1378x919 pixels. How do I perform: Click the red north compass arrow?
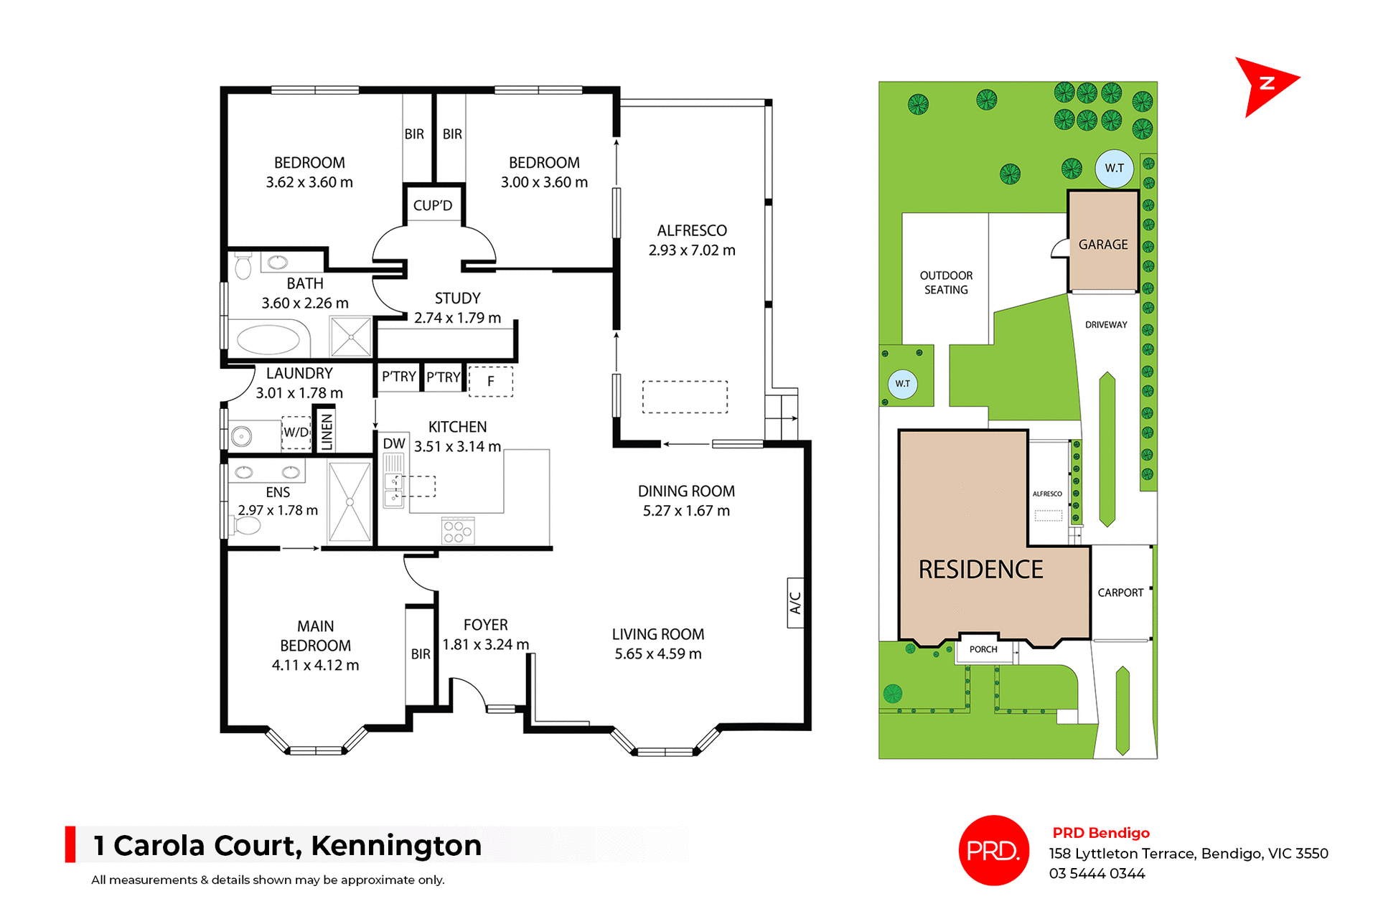point(1265,85)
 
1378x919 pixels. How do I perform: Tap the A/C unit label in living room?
point(795,603)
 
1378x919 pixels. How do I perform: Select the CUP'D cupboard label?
point(432,206)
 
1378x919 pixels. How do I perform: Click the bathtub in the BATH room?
point(268,340)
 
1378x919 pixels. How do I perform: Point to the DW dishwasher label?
point(393,443)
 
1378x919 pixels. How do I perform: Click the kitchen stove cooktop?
point(457,531)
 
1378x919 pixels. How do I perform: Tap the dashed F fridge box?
point(491,381)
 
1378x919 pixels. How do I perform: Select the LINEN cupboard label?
point(327,430)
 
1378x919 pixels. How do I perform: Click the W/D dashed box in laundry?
point(296,433)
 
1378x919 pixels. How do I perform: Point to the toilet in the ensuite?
point(247,526)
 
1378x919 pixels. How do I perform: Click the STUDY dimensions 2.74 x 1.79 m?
point(457,318)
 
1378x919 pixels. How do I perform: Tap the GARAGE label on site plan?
point(1103,245)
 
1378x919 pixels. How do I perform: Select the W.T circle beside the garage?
point(1114,169)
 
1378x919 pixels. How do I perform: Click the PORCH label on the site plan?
point(983,649)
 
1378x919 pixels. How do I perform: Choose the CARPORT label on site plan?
point(1120,593)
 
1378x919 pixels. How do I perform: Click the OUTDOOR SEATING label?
point(946,283)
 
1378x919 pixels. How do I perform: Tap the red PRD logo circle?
point(993,850)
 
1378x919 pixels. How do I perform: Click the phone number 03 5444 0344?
point(1097,874)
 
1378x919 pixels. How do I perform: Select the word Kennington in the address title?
point(396,846)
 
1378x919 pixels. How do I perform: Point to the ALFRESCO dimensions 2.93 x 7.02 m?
point(692,250)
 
